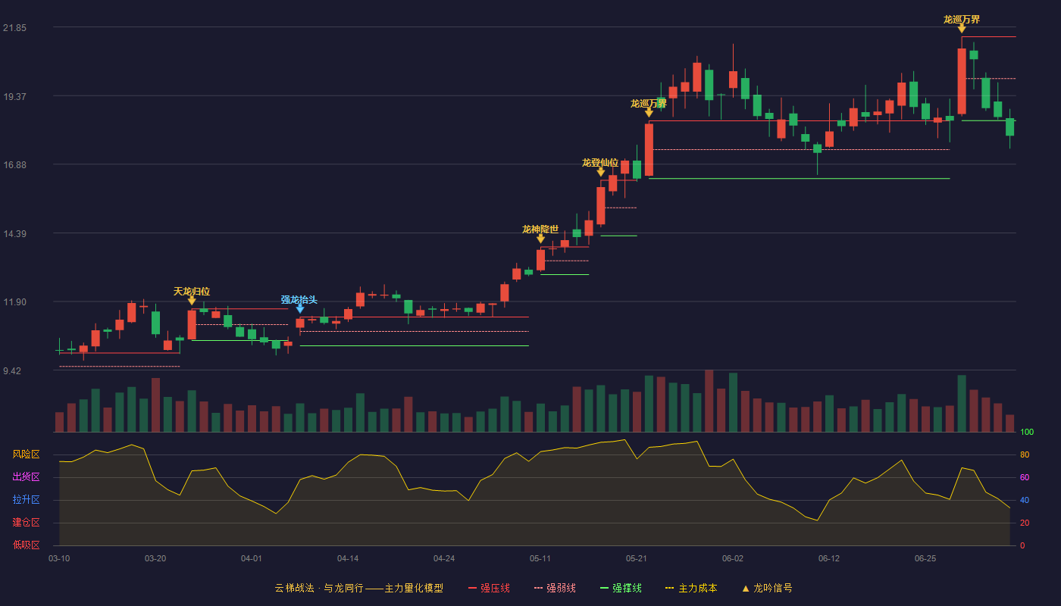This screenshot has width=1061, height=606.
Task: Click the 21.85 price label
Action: tap(14, 28)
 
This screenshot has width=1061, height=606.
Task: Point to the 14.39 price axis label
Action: tap(14, 234)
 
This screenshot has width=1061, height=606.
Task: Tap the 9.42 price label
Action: tap(12, 370)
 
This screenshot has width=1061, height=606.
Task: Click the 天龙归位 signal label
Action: tap(191, 291)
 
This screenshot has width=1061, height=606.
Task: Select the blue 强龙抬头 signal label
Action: tap(299, 299)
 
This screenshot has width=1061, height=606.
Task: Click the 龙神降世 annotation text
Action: tap(540, 229)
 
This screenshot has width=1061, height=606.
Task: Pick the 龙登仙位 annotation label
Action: tap(600, 162)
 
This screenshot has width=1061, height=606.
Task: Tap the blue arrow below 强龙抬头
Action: tap(300, 309)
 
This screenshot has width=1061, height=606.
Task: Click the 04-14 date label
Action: tap(348, 559)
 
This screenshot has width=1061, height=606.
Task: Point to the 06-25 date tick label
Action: tap(925, 559)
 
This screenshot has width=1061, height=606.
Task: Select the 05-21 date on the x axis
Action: tap(636, 559)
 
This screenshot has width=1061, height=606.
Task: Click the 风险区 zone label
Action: tap(26, 454)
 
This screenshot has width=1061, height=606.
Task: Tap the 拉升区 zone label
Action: tap(26, 500)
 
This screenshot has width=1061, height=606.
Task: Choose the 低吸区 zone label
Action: tap(26, 545)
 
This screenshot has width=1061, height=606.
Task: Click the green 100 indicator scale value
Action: tap(1027, 432)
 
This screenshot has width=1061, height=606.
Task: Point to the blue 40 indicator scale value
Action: tap(1025, 500)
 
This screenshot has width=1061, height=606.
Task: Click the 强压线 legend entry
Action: tap(489, 588)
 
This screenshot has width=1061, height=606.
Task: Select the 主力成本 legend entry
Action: tap(691, 588)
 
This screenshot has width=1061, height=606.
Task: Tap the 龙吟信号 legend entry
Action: tap(767, 588)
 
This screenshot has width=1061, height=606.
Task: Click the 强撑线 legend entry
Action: tap(621, 588)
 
